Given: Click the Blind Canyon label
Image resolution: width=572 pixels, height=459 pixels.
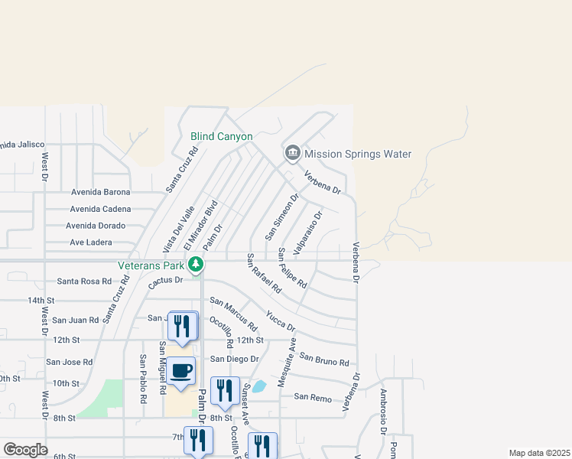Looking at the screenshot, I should [221, 137].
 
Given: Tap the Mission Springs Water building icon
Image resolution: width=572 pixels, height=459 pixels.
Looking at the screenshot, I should [292, 154].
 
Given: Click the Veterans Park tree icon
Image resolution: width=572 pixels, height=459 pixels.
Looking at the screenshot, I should [197, 265].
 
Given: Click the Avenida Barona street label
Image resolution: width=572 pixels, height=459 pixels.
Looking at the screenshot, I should [101, 192].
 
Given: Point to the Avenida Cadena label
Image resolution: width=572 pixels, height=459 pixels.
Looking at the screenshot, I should [100, 209].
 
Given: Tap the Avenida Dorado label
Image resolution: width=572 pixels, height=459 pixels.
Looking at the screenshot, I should [96, 226].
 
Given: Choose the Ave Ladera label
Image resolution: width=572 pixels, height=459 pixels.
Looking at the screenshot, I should [91, 243].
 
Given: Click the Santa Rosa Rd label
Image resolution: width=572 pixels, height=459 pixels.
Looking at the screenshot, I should [84, 282].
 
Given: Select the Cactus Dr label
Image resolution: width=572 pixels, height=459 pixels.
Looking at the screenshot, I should [166, 280].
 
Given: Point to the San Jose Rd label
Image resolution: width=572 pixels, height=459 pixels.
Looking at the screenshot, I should [69, 362].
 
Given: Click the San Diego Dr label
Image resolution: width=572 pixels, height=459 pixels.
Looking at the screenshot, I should [235, 359].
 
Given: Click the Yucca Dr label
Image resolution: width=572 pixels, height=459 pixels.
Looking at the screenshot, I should [281, 321].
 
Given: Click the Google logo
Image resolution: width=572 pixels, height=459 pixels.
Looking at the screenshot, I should [24, 450].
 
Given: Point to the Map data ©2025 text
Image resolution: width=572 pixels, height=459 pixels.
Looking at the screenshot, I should [539, 453].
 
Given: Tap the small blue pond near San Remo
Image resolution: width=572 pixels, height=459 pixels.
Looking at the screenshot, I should [258, 386].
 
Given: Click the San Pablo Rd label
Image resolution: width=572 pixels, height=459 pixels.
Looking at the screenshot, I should [143, 379].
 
